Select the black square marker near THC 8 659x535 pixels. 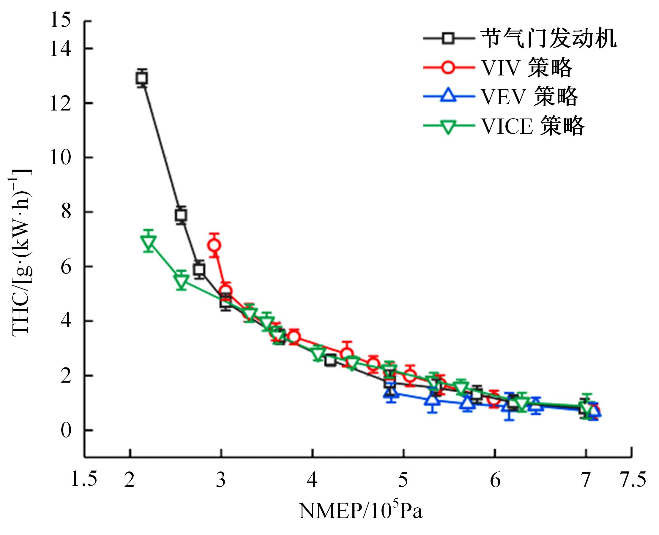point(181,215)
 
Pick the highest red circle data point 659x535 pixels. point(215,245)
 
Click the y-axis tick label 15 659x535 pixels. point(60,21)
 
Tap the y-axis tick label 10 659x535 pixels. point(60,157)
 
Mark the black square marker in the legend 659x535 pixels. point(448,39)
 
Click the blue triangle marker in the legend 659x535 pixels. point(448,96)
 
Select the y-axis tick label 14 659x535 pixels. point(60,49)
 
